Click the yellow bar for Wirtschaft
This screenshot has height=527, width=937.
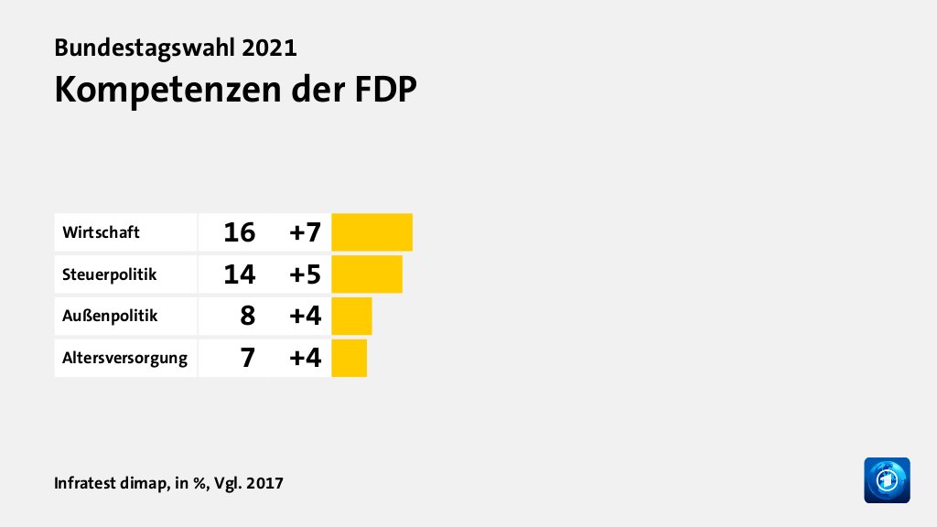pyautogui.click(x=372, y=232)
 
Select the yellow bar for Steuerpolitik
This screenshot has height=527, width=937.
pyautogui.click(x=367, y=274)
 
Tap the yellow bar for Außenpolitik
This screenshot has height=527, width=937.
pyautogui.click(x=351, y=316)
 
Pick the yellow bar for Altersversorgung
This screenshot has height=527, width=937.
pyautogui.click(x=349, y=358)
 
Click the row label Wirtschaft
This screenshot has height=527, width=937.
pyautogui.click(x=101, y=232)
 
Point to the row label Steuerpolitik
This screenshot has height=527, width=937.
pyautogui.click(x=110, y=274)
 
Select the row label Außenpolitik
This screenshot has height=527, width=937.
pyautogui.click(x=110, y=316)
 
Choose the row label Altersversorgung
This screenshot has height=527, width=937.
pyautogui.click(x=124, y=358)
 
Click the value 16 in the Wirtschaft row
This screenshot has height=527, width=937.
pyautogui.click(x=239, y=232)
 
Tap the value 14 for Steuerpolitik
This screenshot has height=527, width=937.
pyautogui.click(x=239, y=274)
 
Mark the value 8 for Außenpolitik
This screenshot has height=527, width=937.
pyautogui.click(x=247, y=316)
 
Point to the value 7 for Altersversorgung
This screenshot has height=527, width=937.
pyautogui.click(x=247, y=358)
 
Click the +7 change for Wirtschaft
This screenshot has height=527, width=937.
pyautogui.click(x=305, y=232)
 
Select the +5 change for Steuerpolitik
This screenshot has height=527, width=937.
pyautogui.click(x=305, y=274)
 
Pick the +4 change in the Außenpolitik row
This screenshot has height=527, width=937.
pyautogui.click(x=305, y=316)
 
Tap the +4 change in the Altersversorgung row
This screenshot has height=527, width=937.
pyautogui.click(x=305, y=358)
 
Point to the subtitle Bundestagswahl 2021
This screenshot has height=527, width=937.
pyautogui.click(x=176, y=48)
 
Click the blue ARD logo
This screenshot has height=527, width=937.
pyautogui.click(x=887, y=480)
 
